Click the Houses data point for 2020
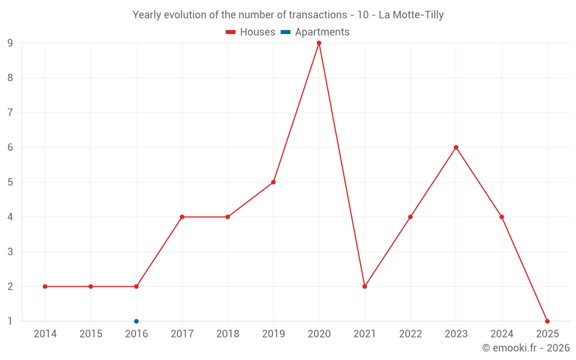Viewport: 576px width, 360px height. tap(319, 43)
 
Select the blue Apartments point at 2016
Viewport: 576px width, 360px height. tap(137, 321)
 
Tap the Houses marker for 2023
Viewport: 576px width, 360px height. tap(456, 147)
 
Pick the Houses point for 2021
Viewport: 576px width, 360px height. tap(365, 286)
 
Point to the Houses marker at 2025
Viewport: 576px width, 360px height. tap(547, 321)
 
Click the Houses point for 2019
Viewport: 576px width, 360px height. tap(274, 182)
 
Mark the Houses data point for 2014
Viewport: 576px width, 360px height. tap(45, 286)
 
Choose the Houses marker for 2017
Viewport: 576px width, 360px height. tap(182, 217)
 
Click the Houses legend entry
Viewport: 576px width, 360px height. tap(251, 32)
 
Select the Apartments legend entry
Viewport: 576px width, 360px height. tap(315, 32)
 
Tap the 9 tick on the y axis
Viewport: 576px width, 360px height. tap(10, 43)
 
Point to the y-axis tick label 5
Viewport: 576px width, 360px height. tap(10, 182)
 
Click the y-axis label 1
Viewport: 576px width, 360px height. tap(10, 321)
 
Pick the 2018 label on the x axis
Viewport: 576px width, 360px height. tap(228, 334)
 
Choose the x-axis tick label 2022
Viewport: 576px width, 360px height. tap(410, 334)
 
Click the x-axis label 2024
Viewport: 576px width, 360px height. tap(502, 334)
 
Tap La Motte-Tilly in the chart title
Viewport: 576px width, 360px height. tap(411, 15)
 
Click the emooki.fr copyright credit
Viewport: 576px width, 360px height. tap(526, 348)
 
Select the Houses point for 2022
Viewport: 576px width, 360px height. tap(410, 217)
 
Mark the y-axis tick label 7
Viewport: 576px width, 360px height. tap(10, 113)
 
